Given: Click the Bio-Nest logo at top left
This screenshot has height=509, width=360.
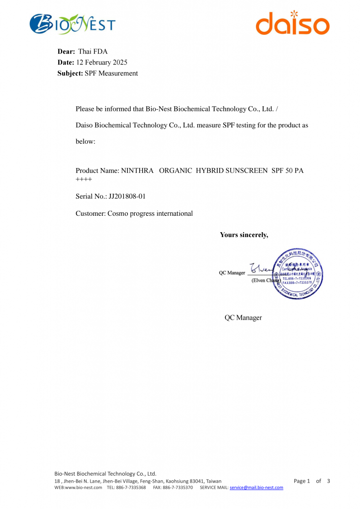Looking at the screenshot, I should click(x=73, y=24).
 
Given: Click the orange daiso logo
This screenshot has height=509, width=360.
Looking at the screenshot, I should click(x=292, y=23).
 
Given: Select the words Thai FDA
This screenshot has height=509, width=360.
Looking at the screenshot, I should click(x=93, y=51).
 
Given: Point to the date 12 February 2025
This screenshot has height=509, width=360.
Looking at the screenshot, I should click(x=101, y=62).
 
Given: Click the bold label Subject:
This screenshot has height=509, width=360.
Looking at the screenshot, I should click(x=70, y=73).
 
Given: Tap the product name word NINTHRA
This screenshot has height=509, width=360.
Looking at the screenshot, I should click(x=137, y=170).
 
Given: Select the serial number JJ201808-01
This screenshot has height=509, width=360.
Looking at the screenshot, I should click(x=127, y=196).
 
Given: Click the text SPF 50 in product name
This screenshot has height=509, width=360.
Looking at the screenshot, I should click(x=282, y=170).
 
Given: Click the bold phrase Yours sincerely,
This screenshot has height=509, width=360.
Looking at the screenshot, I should click(x=244, y=235).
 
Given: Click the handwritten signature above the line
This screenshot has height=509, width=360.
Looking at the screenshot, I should click(x=261, y=269).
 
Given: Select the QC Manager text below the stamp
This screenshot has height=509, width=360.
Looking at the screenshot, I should click(x=243, y=318).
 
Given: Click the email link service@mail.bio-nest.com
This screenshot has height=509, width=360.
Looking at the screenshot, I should click(x=256, y=488).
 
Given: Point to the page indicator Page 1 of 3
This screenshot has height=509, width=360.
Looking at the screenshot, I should click(x=312, y=481).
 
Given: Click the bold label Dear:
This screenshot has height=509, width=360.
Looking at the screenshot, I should click(x=66, y=51).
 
